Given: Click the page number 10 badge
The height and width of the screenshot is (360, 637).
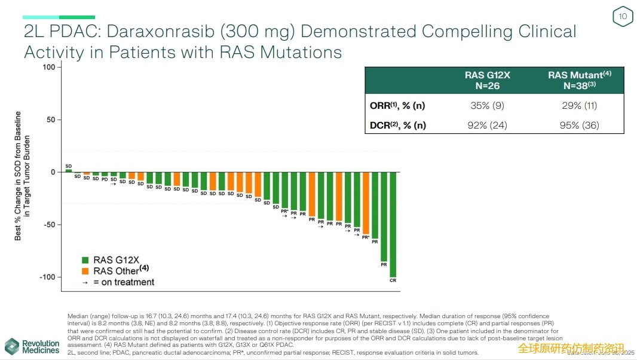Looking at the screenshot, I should (x=623, y=17).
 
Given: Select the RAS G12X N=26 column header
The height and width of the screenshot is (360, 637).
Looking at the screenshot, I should (x=487, y=81).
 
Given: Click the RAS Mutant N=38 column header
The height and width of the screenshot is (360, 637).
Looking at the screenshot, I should (x=580, y=81).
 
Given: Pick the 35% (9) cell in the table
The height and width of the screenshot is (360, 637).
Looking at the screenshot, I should (x=487, y=106).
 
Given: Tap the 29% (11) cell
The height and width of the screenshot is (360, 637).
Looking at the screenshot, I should (x=580, y=106).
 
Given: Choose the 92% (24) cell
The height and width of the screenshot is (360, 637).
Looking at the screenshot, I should (x=487, y=125).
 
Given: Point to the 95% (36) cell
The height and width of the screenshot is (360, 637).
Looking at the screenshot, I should (x=580, y=125).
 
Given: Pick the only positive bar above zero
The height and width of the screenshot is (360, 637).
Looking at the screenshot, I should (x=69, y=170).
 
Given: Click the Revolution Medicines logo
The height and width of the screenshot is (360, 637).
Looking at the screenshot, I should (x=33, y=346).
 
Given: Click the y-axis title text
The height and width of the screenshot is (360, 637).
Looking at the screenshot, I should (x=22, y=176).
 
